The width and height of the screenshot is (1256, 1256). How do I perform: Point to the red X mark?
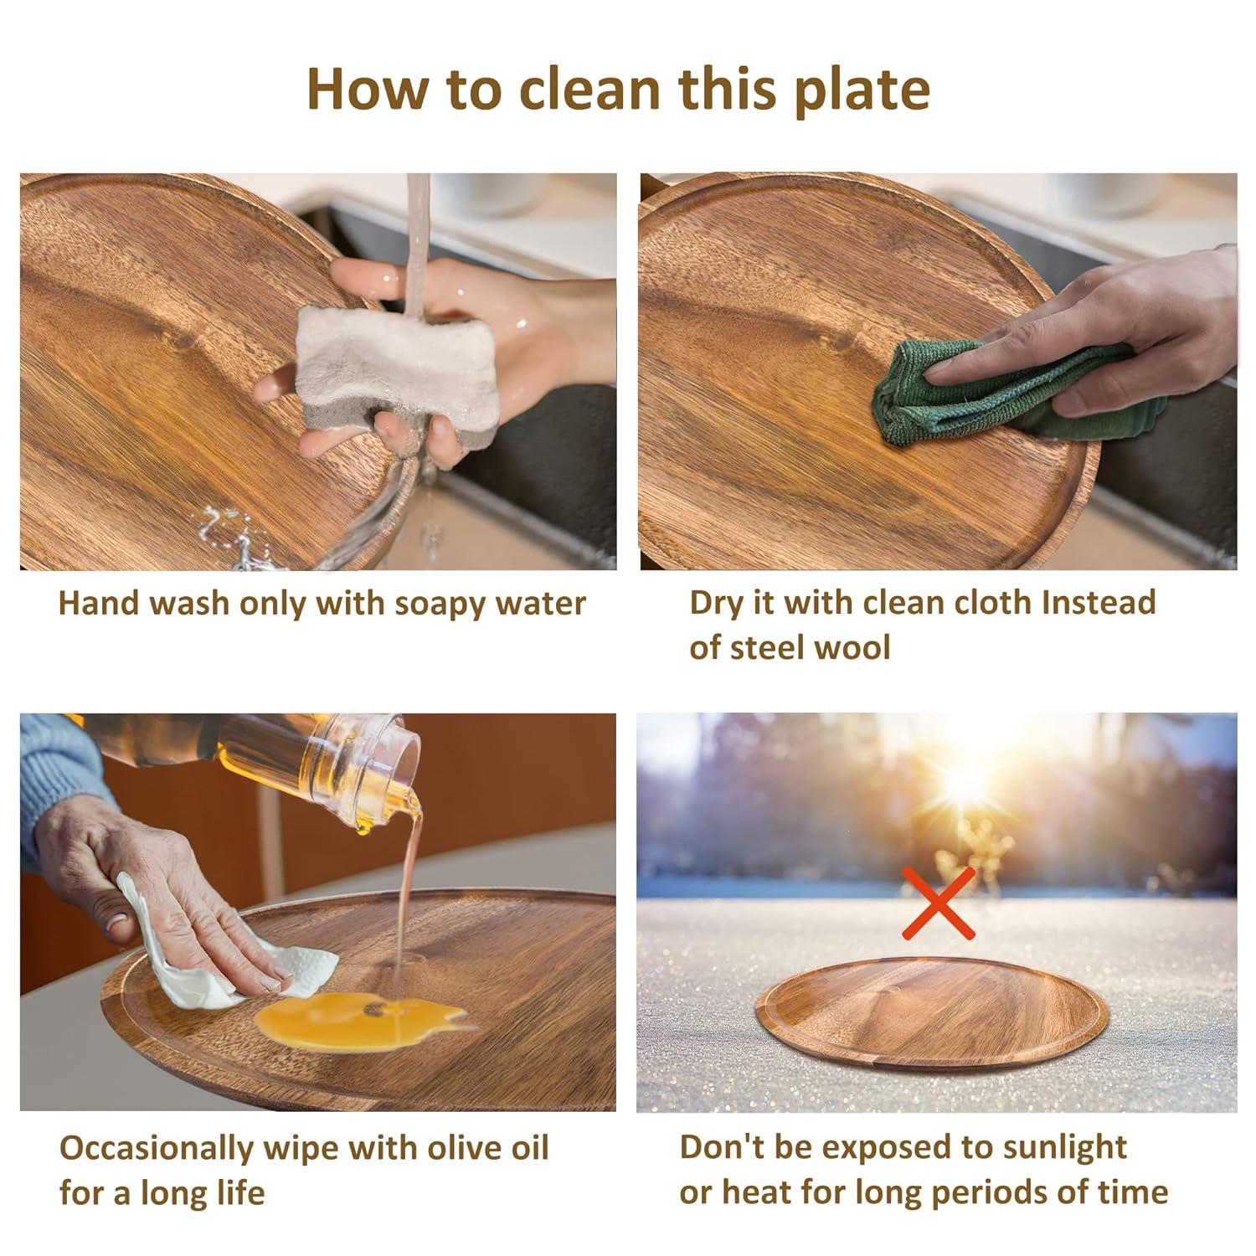(938, 903)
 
